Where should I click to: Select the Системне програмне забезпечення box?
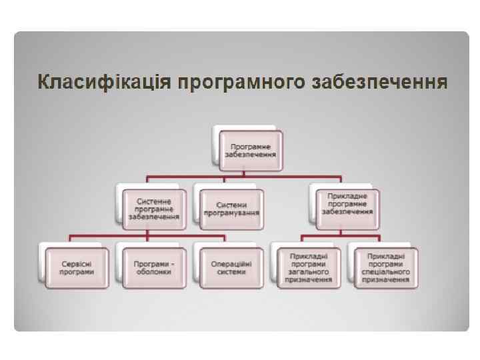[154, 209]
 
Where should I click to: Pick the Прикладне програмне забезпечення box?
[347, 204]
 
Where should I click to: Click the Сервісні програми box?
[77, 267]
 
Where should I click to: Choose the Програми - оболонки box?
[154, 267]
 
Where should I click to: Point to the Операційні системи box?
[231, 267]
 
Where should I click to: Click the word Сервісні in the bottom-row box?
[77, 263]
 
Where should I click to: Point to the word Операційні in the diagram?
[231, 263]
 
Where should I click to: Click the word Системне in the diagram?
[154, 200]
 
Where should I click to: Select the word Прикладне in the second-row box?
[347, 196]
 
